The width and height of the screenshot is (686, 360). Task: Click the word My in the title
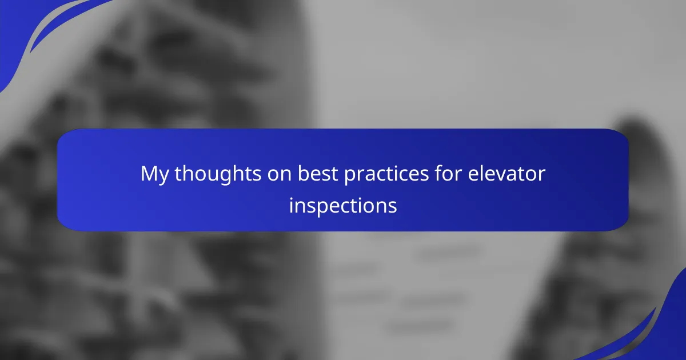point(154,174)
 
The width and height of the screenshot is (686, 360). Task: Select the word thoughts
point(218,174)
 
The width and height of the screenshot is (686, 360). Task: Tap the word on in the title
point(280,176)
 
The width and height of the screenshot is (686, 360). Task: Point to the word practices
point(386,174)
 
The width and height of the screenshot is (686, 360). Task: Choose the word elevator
point(506,173)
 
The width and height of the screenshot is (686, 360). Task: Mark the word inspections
point(343,206)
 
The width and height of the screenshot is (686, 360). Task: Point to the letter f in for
point(439,173)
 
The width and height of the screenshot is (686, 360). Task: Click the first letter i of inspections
point(291,205)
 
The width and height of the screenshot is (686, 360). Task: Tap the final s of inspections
point(392,208)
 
